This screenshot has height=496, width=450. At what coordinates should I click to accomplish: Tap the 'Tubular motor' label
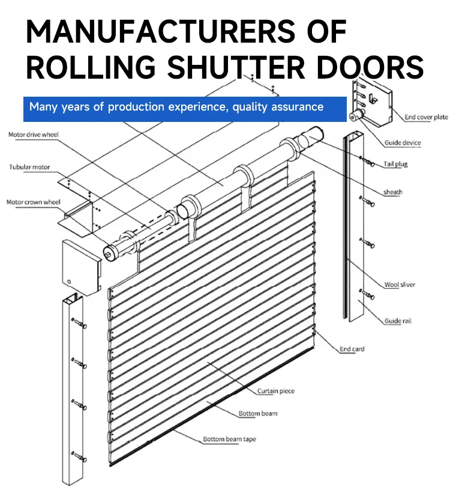tap(29, 167)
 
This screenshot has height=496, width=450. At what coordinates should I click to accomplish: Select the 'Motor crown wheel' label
tap(34, 202)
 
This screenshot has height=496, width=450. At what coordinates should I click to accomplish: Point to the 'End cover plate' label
tap(426, 117)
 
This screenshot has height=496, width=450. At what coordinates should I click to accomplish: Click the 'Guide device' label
tap(403, 143)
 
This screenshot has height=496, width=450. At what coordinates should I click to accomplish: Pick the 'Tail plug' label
tap(395, 164)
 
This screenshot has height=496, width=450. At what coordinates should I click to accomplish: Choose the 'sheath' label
tap(393, 192)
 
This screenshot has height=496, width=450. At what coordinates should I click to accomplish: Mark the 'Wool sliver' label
tap(400, 285)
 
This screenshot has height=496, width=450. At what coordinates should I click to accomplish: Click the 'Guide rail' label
tap(398, 321)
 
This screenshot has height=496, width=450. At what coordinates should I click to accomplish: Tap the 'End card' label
tap(352, 349)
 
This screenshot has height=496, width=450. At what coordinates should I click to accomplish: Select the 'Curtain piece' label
tap(276, 392)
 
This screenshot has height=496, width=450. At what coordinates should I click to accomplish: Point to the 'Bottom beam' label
tap(258, 414)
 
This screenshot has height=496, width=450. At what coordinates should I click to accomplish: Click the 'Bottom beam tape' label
tap(229, 440)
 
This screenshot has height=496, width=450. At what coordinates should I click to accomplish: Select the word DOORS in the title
tap(370, 67)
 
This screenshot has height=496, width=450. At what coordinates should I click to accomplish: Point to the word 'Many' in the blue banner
tap(43, 107)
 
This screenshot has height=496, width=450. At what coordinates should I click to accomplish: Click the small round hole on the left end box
tap(70, 280)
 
